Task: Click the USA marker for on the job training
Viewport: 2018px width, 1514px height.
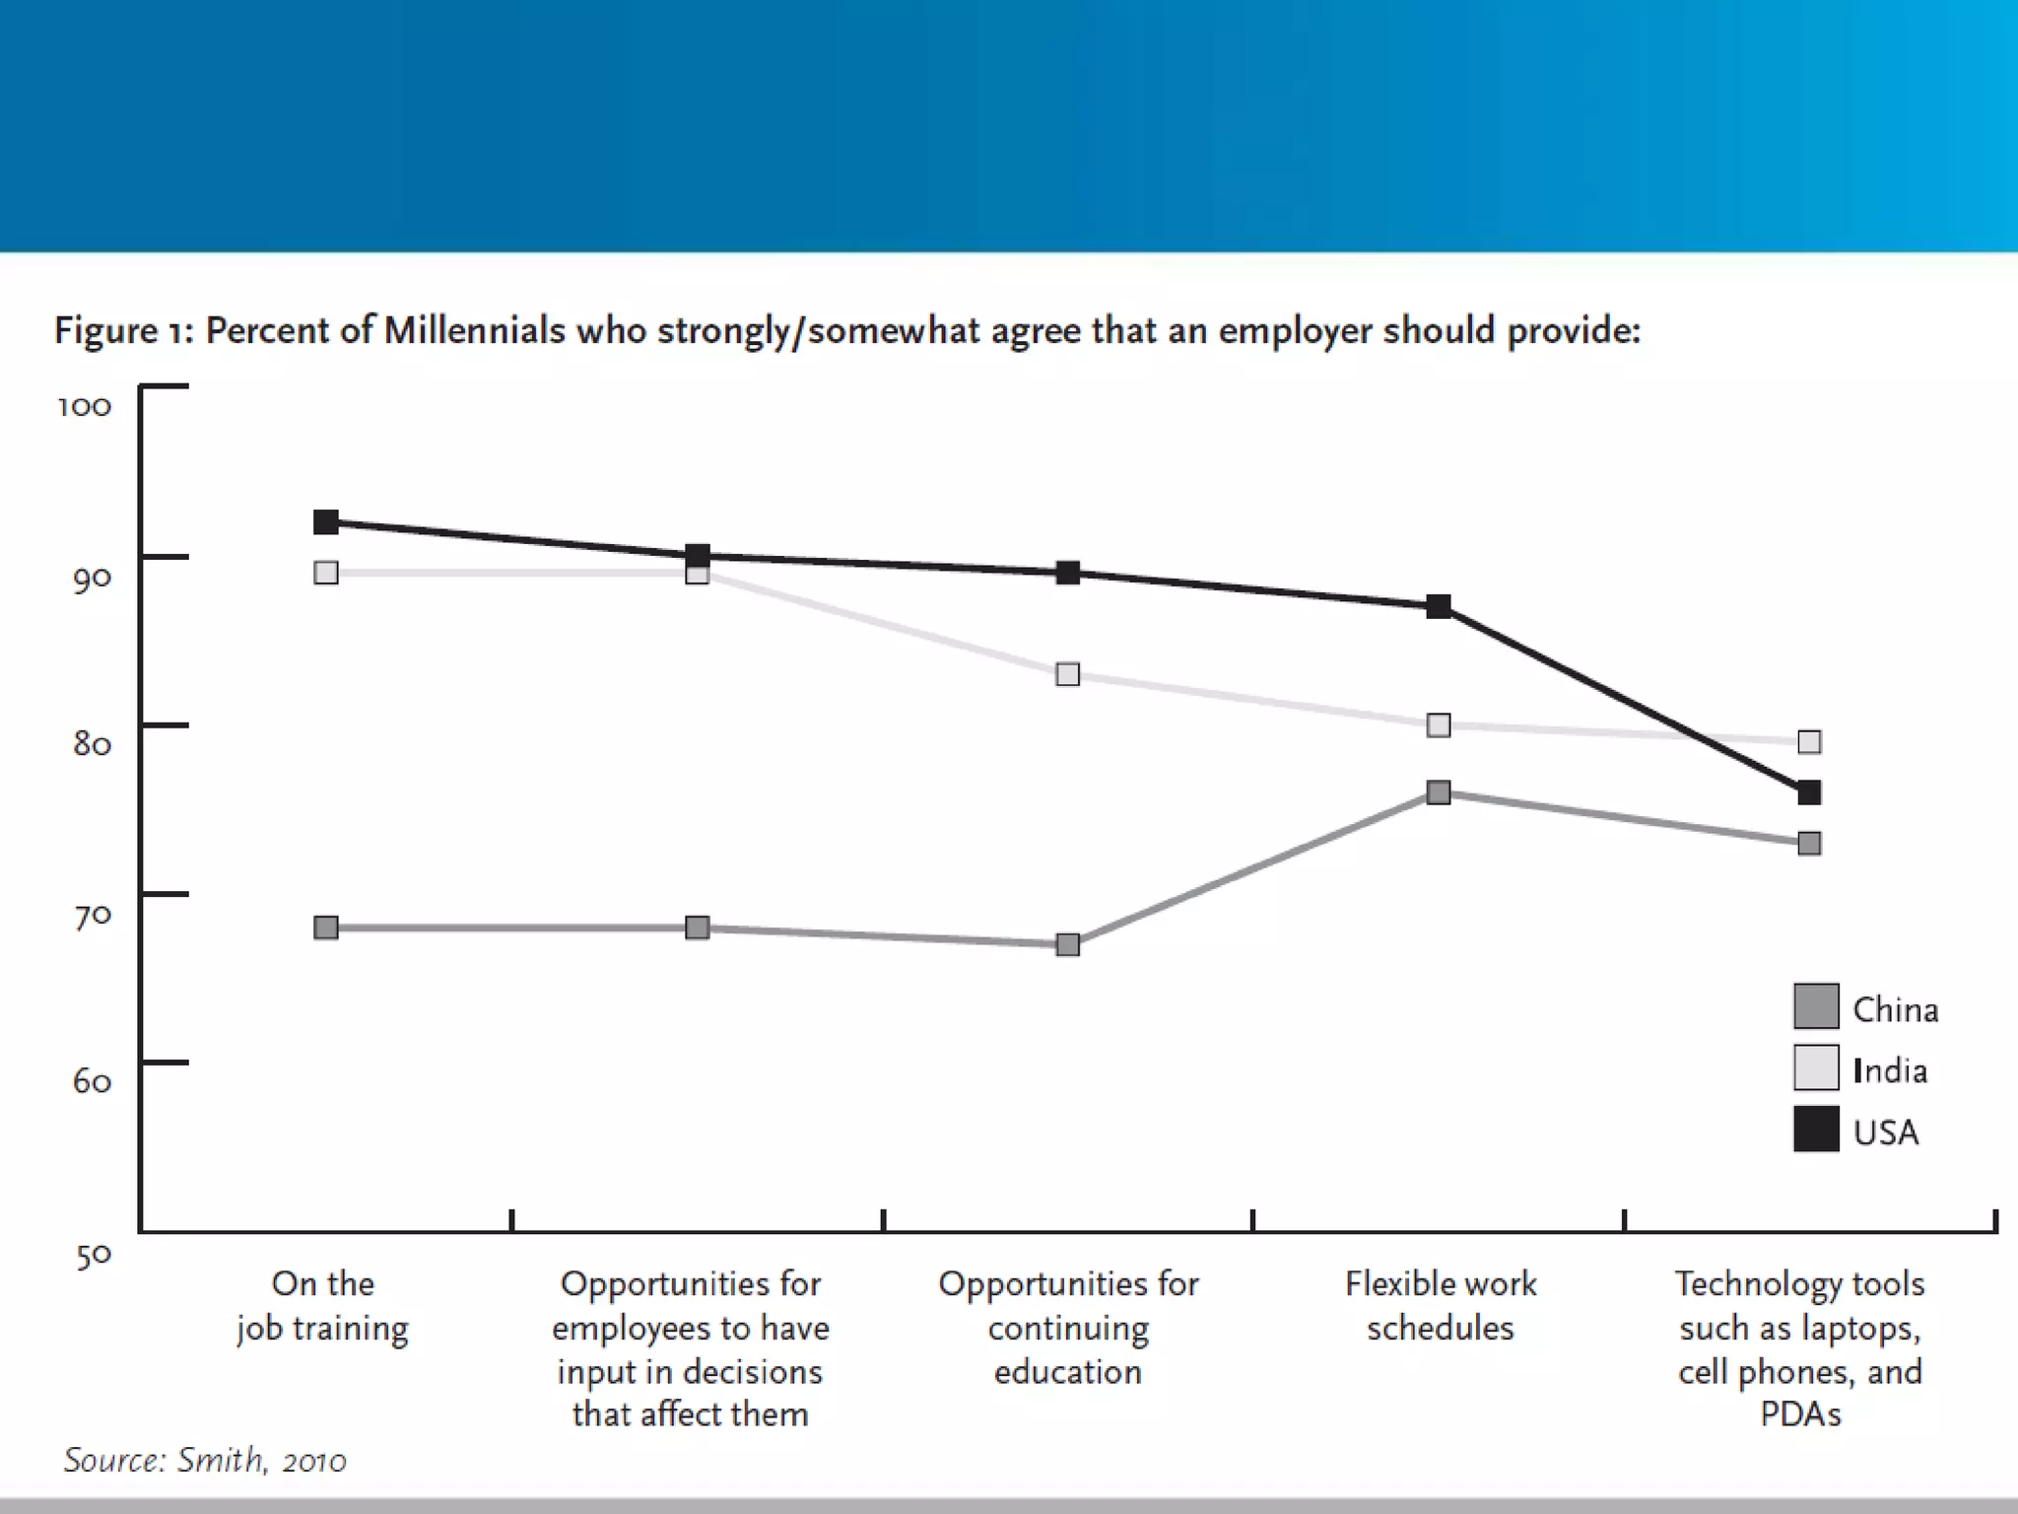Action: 326,522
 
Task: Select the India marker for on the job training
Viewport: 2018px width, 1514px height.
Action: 326,573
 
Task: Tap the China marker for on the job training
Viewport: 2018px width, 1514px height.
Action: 326,928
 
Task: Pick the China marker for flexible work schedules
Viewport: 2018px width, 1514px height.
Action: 1439,792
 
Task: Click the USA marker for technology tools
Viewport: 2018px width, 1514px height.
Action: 1809,792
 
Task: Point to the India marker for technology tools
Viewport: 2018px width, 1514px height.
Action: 1809,741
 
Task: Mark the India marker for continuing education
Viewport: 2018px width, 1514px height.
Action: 1067,674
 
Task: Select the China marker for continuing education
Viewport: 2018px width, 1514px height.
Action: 1067,944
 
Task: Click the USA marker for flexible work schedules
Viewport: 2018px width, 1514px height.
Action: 1439,606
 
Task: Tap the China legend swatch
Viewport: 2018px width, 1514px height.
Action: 1816,1006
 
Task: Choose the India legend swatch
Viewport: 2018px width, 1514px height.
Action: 1816,1067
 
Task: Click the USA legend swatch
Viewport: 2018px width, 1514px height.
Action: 1816,1130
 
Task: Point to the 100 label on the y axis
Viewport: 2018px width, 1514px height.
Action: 85,406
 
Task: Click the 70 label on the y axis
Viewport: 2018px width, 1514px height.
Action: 93,916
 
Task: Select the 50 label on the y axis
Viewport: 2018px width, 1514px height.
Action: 94,1256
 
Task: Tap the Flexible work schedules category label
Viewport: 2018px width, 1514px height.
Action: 1441,1305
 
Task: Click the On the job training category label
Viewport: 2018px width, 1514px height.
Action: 322,1305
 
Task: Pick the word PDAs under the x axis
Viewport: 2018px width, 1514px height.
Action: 1800,1414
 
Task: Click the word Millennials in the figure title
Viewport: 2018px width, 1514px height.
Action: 474,331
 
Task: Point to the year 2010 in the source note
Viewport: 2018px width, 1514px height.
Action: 313,1461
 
